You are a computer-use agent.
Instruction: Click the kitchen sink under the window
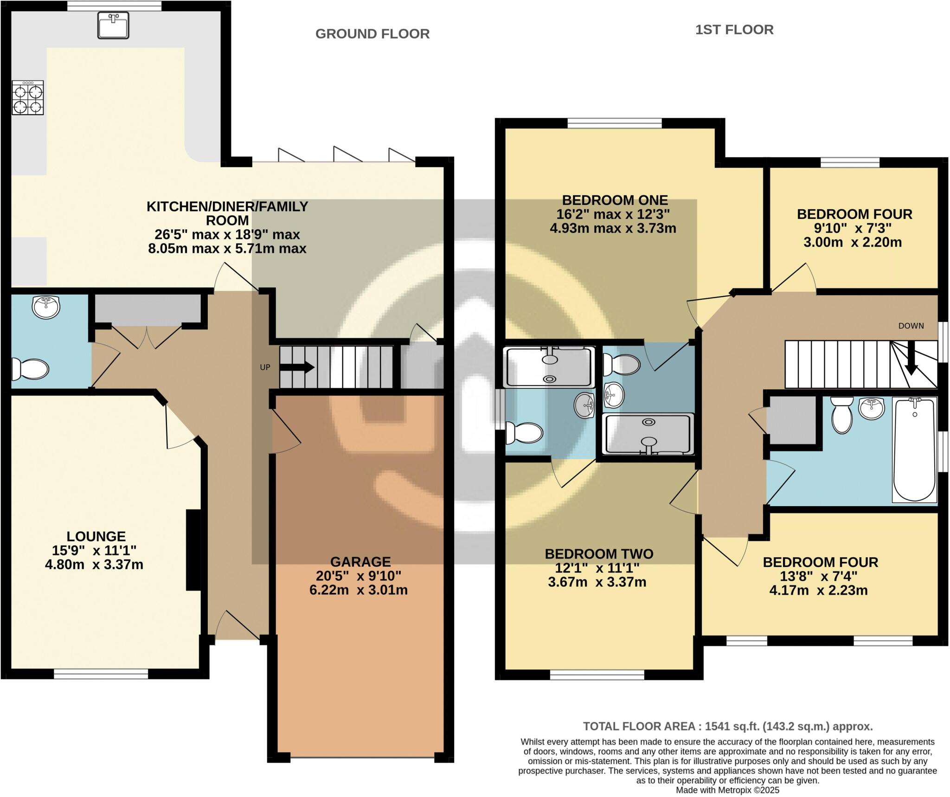[113, 25]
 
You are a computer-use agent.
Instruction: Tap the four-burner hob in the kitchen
[28, 98]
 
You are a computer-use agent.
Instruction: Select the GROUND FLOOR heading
[372, 34]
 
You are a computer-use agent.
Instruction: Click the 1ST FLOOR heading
[734, 30]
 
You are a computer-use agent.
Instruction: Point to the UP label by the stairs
[265, 367]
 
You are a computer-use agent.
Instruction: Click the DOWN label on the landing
[911, 326]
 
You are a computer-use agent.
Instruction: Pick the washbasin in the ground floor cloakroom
[46, 307]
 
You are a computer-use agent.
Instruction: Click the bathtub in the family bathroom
[914, 449]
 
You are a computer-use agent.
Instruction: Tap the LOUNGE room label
[96, 536]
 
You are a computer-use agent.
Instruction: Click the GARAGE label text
[360, 562]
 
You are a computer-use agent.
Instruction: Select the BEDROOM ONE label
[615, 200]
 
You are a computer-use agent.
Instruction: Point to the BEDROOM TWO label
[599, 554]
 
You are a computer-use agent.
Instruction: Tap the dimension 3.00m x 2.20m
[853, 242]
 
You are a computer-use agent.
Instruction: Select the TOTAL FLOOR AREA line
[727, 726]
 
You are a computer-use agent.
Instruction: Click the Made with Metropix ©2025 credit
[727, 790]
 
